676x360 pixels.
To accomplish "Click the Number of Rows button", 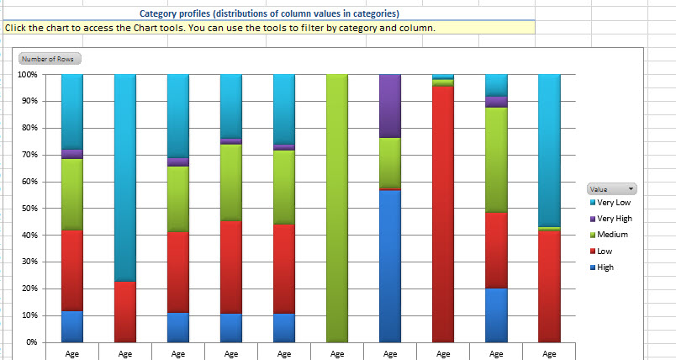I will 49,59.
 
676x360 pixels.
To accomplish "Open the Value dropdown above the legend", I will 611,189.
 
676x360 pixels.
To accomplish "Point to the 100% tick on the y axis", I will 26,74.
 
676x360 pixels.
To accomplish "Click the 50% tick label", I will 28,208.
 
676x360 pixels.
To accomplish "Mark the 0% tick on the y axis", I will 30,342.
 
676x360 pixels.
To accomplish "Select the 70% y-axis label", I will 28,155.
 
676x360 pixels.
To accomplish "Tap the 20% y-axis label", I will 28,289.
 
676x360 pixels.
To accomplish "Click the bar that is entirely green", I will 337,208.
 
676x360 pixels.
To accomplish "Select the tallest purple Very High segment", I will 390,105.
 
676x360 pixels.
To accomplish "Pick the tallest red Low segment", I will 443,214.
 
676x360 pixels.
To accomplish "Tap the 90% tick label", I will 28,101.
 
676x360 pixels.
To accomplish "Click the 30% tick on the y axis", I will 28,262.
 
